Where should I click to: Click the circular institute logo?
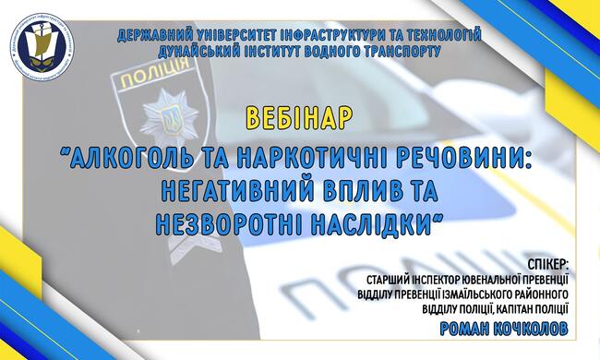click(42, 46)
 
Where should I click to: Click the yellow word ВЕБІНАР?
click(299, 117)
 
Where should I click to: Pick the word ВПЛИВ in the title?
click(358, 190)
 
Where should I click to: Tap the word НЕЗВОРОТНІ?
click(230, 223)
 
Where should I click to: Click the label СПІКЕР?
click(547, 264)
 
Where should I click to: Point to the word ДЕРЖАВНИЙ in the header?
click(154, 35)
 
